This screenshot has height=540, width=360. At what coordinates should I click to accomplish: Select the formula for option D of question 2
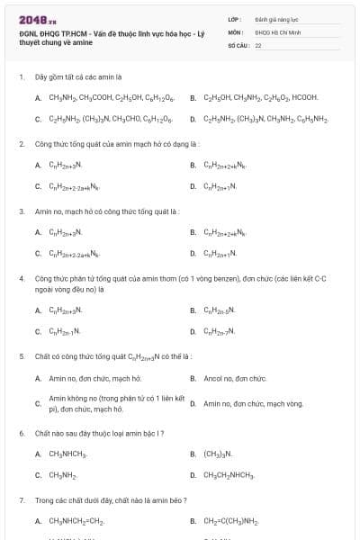tap(220, 186)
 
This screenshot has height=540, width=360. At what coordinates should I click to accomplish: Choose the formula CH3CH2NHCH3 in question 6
tap(229, 474)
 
